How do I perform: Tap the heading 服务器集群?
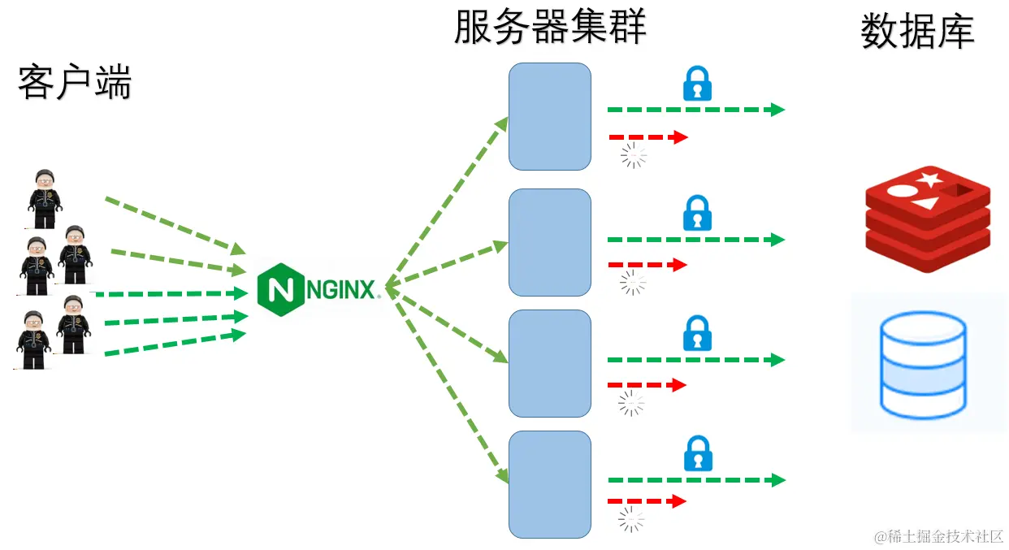pyautogui.click(x=550, y=27)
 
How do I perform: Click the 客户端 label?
pyautogui.click(x=75, y=83)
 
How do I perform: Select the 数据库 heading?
pyautogui.click(x=917, y=32)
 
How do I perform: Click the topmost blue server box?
pyautogui.click(x=550, y=116)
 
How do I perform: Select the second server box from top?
pyautogui.click(x=550, y=242)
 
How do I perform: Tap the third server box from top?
pyautogui.click(x=550, y=363)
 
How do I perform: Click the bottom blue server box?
pyautogui.click(x=550, y=484)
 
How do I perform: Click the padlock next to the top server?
pyautogui.click(x=697, y=84)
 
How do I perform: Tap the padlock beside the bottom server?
pyautogui.click(x=697, y=453)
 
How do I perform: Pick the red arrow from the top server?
pyautogui.click(x=647, y=137)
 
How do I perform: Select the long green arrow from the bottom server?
pyautogui.click(x=696, y=480)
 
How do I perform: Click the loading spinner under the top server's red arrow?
pyautogui.click(x=634, y=155)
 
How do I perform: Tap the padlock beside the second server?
pyautogui.click(x=697, y=213)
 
